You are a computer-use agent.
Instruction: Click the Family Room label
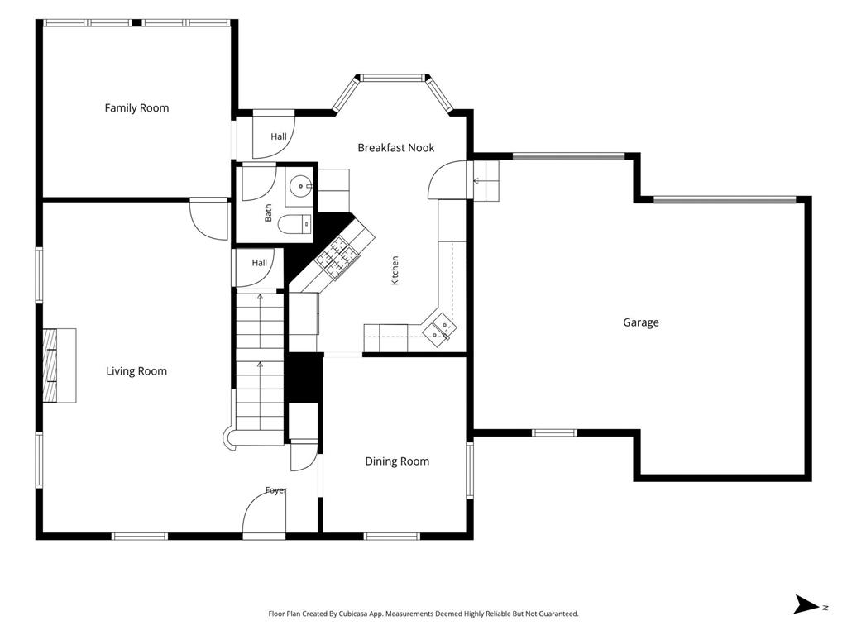coord(136,108)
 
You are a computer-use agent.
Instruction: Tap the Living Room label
coord(136,371)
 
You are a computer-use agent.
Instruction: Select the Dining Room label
coord(397,461)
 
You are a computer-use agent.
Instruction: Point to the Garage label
coord(641,322)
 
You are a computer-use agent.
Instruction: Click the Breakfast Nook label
coord(396,147)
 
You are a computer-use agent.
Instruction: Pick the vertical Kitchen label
coord(395,270)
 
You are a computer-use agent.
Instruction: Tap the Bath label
coord(269,212)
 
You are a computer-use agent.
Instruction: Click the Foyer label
coord(276,490)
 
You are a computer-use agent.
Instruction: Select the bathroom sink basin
coord(300,186)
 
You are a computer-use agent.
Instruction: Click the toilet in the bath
coord(295,223)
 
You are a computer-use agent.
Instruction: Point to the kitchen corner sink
coord(439,327)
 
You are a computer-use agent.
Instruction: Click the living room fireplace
coord(59,365)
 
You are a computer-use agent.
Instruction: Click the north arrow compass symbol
coord(807,604)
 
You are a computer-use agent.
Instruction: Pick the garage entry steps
coord(486,181)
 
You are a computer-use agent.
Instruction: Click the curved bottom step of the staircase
coord(231,438)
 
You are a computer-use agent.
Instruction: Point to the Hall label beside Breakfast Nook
coord(279,136)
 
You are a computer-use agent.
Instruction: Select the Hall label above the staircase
coord(259,263)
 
